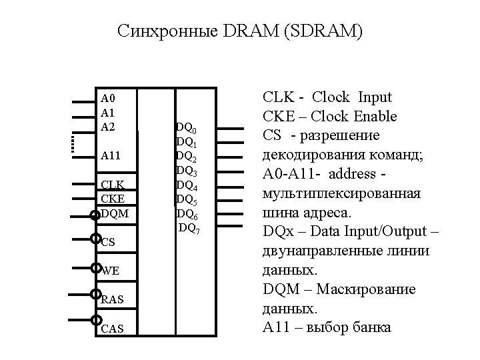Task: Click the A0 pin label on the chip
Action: point(108,97)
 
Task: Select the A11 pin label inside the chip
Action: point(111,155)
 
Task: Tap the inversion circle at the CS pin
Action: point(95,239)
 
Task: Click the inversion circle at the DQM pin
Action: point(95,214)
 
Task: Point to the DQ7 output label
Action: point(189,229)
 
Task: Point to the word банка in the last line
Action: point(368,329)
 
